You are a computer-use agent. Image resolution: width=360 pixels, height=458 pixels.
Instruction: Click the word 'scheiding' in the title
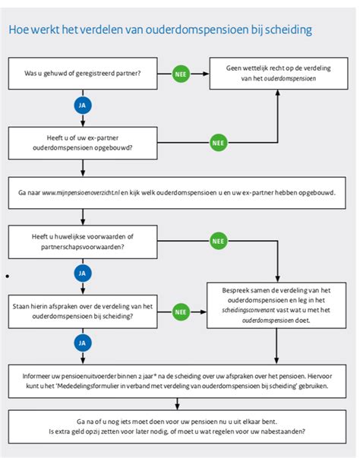pos(288,30)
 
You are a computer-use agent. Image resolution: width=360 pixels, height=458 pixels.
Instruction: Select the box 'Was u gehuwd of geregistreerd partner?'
pos(83,74)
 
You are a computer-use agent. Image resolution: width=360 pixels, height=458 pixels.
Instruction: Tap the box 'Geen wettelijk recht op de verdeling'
pos(279,74)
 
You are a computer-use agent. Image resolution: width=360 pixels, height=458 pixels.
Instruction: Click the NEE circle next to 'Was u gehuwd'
pos(181,74)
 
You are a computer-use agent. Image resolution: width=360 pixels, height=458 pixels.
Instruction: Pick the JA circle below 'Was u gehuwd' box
pos(83,105)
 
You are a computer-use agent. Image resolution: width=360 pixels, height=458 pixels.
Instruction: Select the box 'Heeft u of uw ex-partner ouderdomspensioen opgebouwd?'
pos(83,143)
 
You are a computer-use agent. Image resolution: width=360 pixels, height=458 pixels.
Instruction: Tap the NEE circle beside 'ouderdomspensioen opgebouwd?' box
pos(219,143)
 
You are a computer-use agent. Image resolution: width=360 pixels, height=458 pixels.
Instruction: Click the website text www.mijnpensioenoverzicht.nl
pos(81,193)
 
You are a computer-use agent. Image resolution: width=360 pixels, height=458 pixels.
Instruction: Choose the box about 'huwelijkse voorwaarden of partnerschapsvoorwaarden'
pos(83,242)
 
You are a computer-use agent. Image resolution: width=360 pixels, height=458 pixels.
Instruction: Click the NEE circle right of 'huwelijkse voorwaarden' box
pos(219,241)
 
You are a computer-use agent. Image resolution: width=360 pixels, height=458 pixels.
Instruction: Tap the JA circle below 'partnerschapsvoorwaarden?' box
pos(83,273)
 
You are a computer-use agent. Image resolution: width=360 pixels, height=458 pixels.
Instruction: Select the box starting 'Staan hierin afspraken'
pos(83,311)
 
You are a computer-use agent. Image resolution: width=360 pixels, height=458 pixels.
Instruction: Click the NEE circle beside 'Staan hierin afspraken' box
pos(181,312)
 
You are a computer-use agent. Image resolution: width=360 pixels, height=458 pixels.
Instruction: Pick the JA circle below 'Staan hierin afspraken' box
pos(83,343)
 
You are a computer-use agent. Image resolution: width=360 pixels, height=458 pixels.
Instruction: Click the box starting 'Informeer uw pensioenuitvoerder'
pos(177,381)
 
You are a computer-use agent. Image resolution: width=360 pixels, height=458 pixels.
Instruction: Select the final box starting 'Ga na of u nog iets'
pos(177,427)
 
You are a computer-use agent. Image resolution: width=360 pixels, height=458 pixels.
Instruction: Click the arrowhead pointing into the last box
pos(177,407)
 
